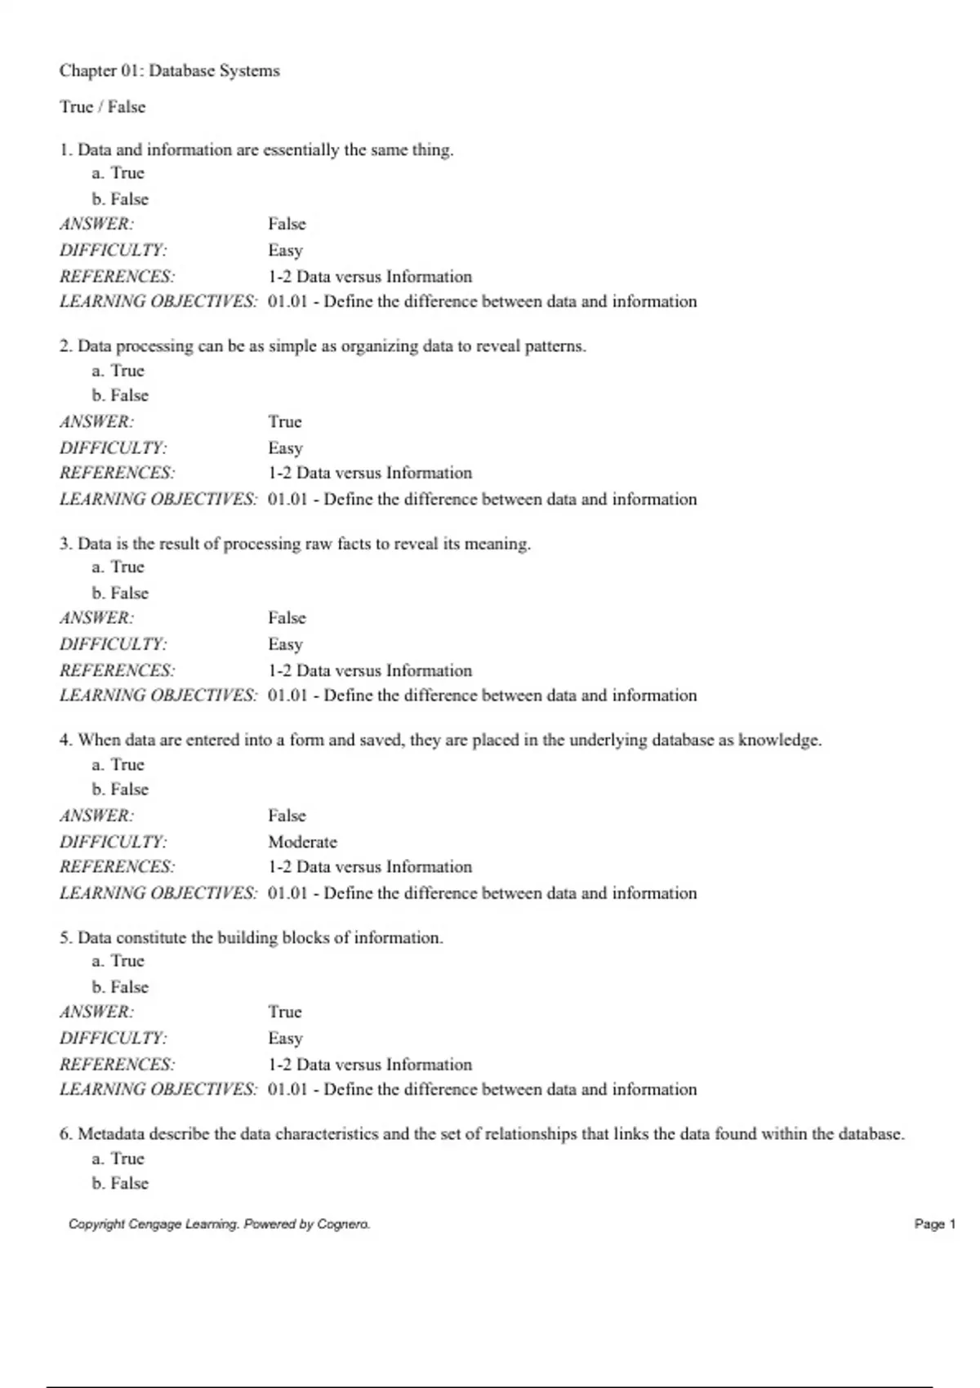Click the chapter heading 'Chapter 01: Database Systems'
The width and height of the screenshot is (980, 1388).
point(169,71)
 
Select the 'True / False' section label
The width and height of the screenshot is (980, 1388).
point(102,107)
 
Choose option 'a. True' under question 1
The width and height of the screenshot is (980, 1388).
point(118,173)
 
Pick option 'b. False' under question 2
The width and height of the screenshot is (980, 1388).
point(120,395)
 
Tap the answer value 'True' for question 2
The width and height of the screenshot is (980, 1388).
point(285,422)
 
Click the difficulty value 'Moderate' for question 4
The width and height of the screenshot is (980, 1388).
point(302,842)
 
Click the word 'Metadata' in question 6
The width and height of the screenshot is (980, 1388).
point(111,1134)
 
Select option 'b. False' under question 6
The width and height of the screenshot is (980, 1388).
point(120,1183)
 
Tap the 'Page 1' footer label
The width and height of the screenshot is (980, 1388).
point(934,1224)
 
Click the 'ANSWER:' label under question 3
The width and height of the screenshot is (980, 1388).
point(96,618)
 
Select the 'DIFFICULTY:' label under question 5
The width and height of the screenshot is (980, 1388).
point(113,1039)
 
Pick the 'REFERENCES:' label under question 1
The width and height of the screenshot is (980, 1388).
point(117,277)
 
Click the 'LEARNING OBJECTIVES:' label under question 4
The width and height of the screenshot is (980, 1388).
point(158,893)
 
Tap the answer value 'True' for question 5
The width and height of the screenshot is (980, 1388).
point(285,1012)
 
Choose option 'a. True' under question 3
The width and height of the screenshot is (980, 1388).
point(118,567)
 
